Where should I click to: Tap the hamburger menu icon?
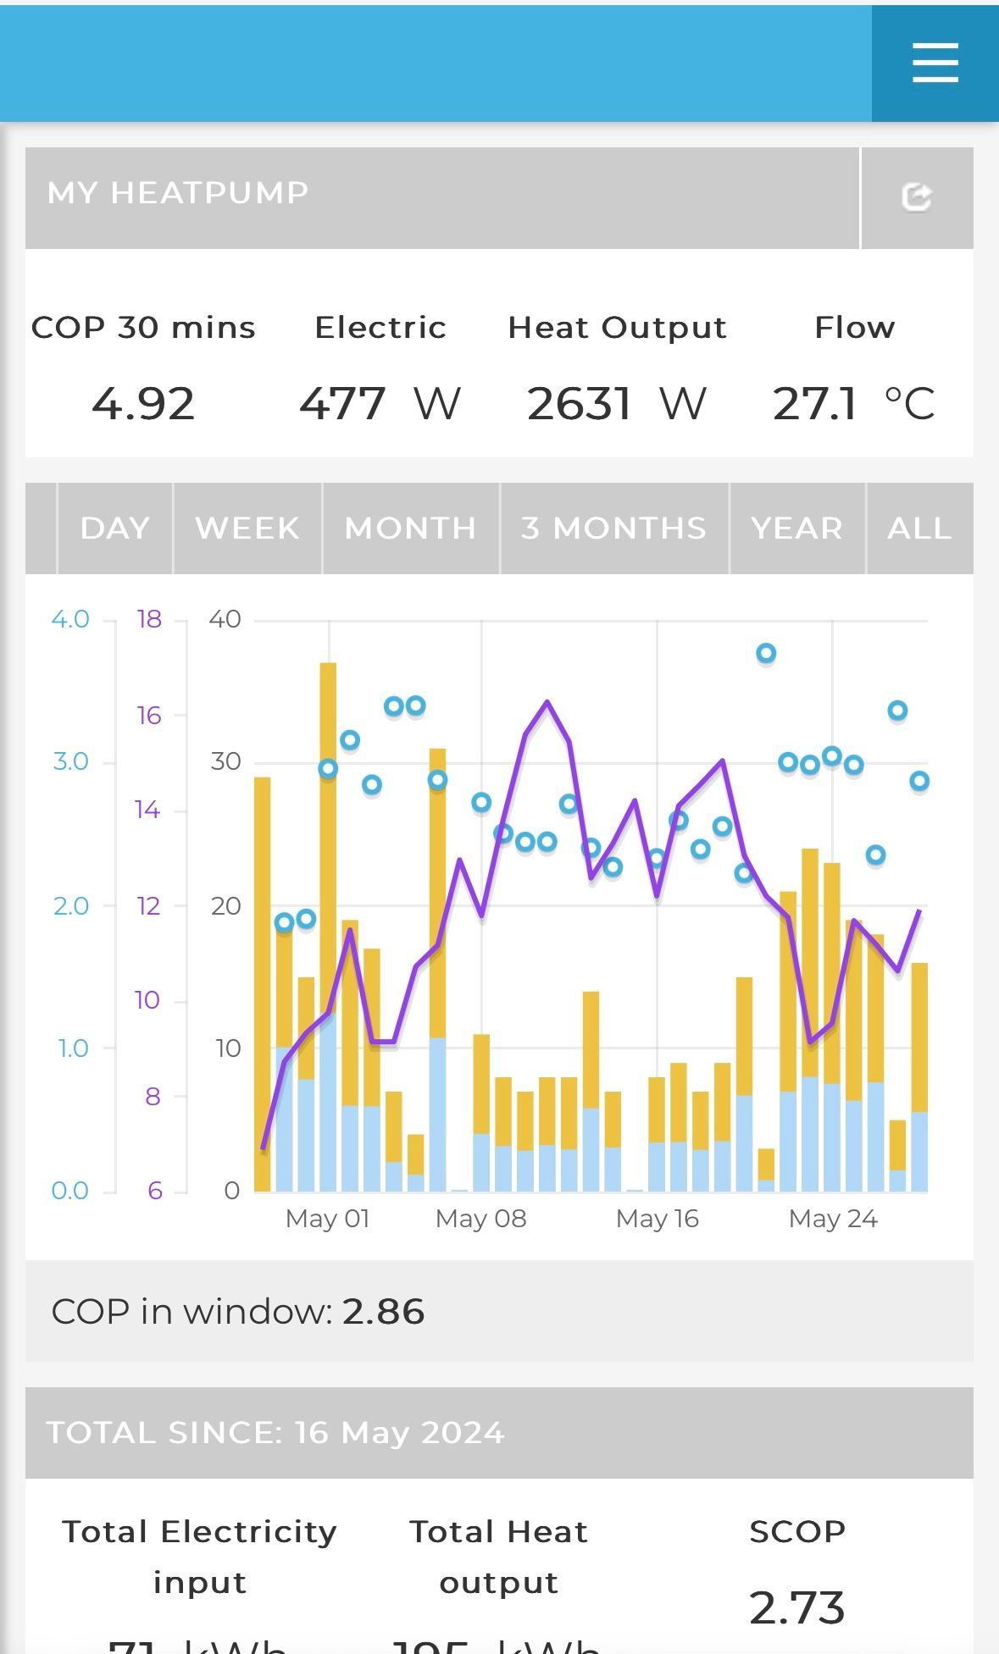(935, 64)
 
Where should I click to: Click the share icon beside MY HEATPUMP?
(916, 197)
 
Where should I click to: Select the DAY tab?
(114, 528)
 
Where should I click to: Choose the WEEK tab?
(247, 528)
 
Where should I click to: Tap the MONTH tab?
(410, 528)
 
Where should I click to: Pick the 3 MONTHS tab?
(613, 528)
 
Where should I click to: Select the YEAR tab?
(796, 528)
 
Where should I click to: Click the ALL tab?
(919, 528)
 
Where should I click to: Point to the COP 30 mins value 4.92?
(143, 404)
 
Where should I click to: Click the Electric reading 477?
(343, 404)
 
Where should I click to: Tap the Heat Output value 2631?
(580, 404)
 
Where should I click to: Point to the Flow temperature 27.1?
(814, 404)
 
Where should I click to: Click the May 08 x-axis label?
(480, 1219)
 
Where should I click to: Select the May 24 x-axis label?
(833, 1219)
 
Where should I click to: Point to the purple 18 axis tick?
(149, 619)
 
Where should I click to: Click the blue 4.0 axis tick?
(70, 619)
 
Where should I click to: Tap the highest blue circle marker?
(766, 653)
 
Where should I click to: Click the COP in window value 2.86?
(383, 1311)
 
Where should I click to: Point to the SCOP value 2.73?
(796, 1607)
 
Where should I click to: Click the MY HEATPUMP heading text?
(178, 193)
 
